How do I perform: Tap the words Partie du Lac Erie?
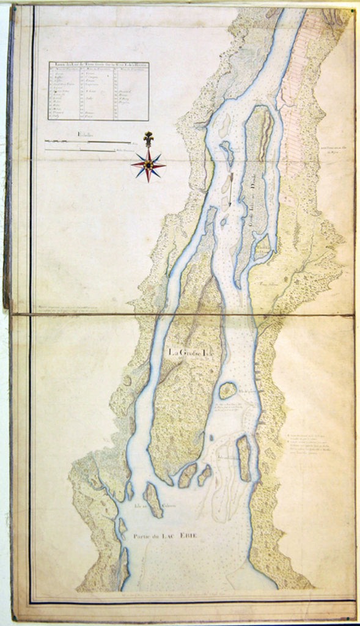(x=165, y=536)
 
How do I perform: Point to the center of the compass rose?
(x=147, y=164)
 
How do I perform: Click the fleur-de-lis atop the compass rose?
(x=147, y=139)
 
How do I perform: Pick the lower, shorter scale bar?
(x=80, y=149)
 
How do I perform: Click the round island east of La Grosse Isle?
(x=227, y=390)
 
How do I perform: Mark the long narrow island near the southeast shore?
(x=243, y=458)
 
